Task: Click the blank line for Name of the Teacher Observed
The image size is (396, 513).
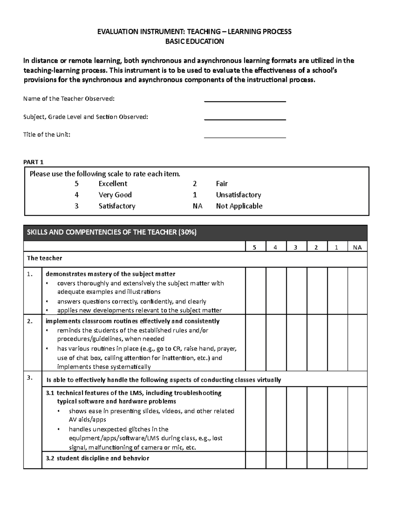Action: (x=245, y=101)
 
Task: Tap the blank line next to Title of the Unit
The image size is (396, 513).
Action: (x=245, y=136)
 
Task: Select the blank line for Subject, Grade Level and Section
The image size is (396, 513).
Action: (x=245, y=119)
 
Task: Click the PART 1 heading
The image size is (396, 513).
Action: (x=33, y=162)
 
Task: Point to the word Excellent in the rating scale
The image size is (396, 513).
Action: (x=113, y=184)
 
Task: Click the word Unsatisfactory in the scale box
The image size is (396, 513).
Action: (x=238, y=195)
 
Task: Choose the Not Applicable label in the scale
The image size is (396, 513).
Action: (x=239, y=206)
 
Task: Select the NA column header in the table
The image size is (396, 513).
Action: (x=357, y=247)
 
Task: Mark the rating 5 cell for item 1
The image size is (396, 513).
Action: (x=255, y=291)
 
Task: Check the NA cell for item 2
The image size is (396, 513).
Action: (x=357, y=343)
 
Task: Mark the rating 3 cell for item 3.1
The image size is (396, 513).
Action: (x=297, y=419)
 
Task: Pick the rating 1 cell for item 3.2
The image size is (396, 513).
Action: (x=338, y=460)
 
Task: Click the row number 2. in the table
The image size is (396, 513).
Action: (x=30, y=321)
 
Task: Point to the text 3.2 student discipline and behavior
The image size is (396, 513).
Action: (x=97, y=458)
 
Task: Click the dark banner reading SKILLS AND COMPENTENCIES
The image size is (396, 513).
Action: (x=195, y=233)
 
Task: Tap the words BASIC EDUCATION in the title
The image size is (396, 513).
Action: (x=194, y=41)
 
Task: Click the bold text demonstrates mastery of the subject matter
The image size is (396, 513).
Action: (x=110, y=274)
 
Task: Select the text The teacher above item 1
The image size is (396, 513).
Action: (x=44, y=258)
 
